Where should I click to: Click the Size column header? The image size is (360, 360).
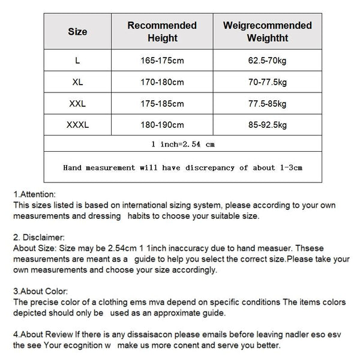(77, 31)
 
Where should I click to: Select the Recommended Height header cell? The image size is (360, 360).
(162, 31)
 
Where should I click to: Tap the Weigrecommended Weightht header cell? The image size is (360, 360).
(267, 31)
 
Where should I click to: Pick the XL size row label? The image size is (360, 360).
(77, 82)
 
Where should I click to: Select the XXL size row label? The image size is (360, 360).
(77, 103)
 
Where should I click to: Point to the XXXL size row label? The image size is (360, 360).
(77, 125)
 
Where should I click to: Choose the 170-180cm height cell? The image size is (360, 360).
(162, 82)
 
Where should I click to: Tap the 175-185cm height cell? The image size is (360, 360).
(162, 103)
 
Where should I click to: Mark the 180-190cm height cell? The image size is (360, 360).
(162, 125)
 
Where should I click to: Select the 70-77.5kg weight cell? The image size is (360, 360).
(267, 82)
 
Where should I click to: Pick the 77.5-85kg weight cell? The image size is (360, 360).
(267, 103)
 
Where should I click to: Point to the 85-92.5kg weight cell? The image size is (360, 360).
(267, 125)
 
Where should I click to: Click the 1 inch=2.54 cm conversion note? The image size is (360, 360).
(183, 144)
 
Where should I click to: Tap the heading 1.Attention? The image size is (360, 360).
(34, 194)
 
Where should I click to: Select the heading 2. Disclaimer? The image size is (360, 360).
(38, 238)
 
